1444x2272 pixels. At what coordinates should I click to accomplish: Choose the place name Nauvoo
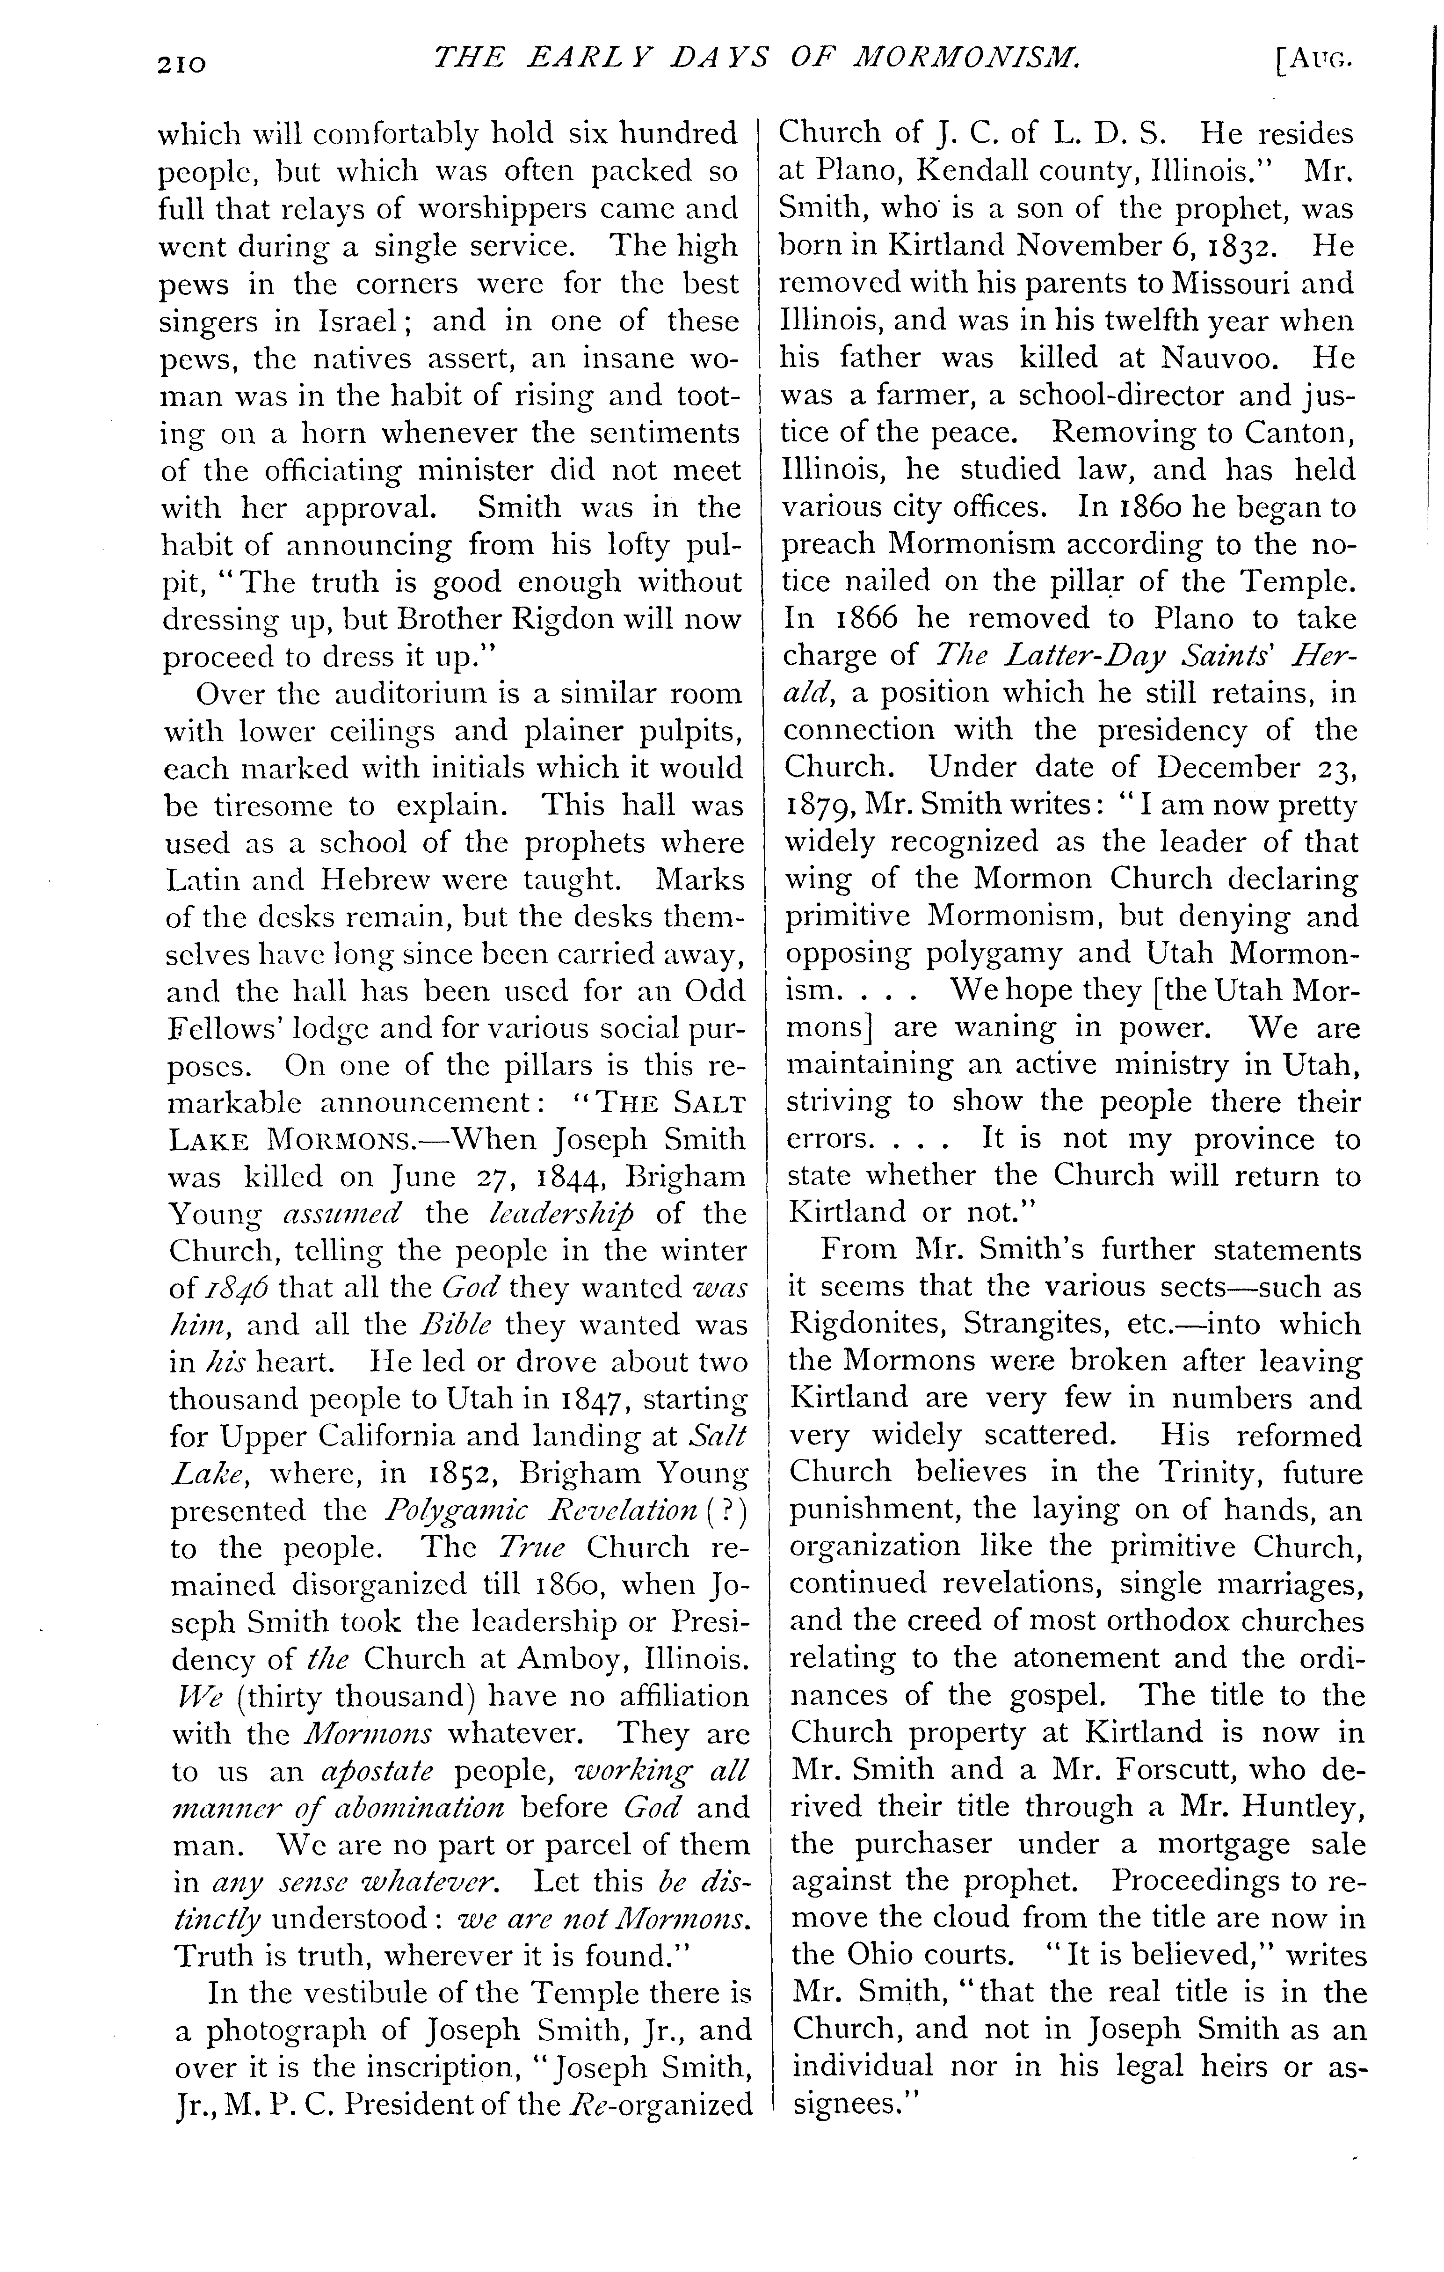click(x=1213, y=359)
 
